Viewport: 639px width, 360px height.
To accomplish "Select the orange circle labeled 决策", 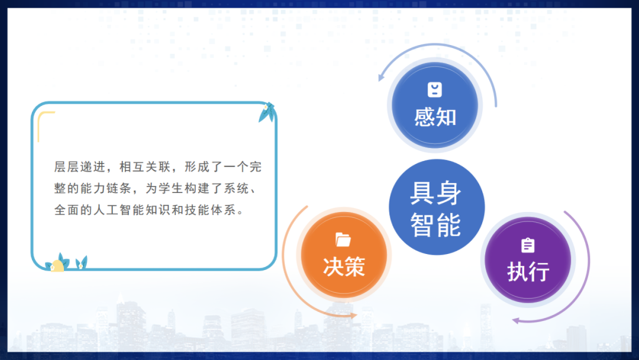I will click(x=344, y=255).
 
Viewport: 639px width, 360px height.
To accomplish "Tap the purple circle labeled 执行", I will click(x=528, y=261).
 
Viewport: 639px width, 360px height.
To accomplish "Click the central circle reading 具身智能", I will click(x=437, y=207).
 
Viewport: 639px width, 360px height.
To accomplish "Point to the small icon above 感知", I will click(x=435, y=89).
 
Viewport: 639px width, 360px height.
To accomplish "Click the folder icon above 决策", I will click(x=343, y=239).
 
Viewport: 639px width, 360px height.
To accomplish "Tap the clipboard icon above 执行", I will click(x=528, y=245).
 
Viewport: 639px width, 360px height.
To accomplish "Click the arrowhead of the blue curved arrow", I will click(x=382, y=77).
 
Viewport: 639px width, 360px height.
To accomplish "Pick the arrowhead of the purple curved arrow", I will click(x=515, y=320).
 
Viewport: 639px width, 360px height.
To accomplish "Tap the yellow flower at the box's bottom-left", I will click(x=58, y=265).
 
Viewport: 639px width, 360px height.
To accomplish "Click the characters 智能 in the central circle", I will click(x=436, y=224).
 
